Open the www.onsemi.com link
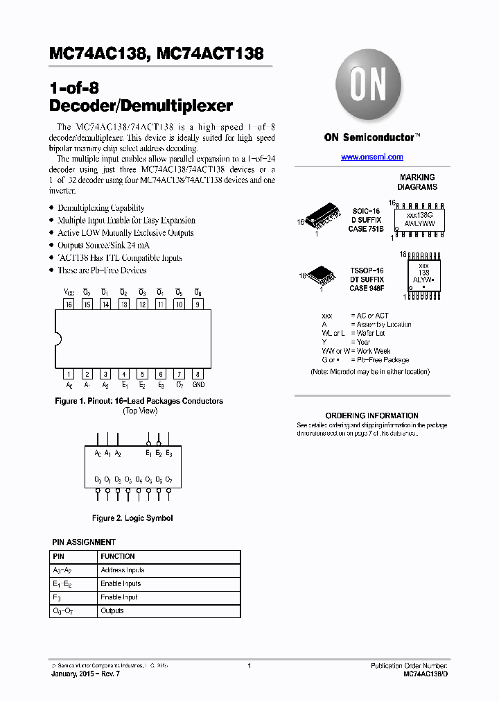tap(371, 157)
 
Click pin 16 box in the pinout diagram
tap(69, 304)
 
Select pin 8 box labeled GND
tap(198, 374)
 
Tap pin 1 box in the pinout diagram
tap(69, 374)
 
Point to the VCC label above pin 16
tap(69, 292)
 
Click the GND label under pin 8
tap(198, 385)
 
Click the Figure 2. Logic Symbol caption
tap(132, 518)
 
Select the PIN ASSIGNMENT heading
tap(84, 542)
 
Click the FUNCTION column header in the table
tap(118, 556)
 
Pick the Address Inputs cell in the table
tap(122, 570)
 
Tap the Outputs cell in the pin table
tap(112, 611)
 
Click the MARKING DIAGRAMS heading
tap(417, 182)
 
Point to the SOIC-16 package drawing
tap(323, 218)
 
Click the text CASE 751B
tap(366, 228)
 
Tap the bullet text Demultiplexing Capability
tap(101, 207)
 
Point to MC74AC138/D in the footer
tap(425, 674)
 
